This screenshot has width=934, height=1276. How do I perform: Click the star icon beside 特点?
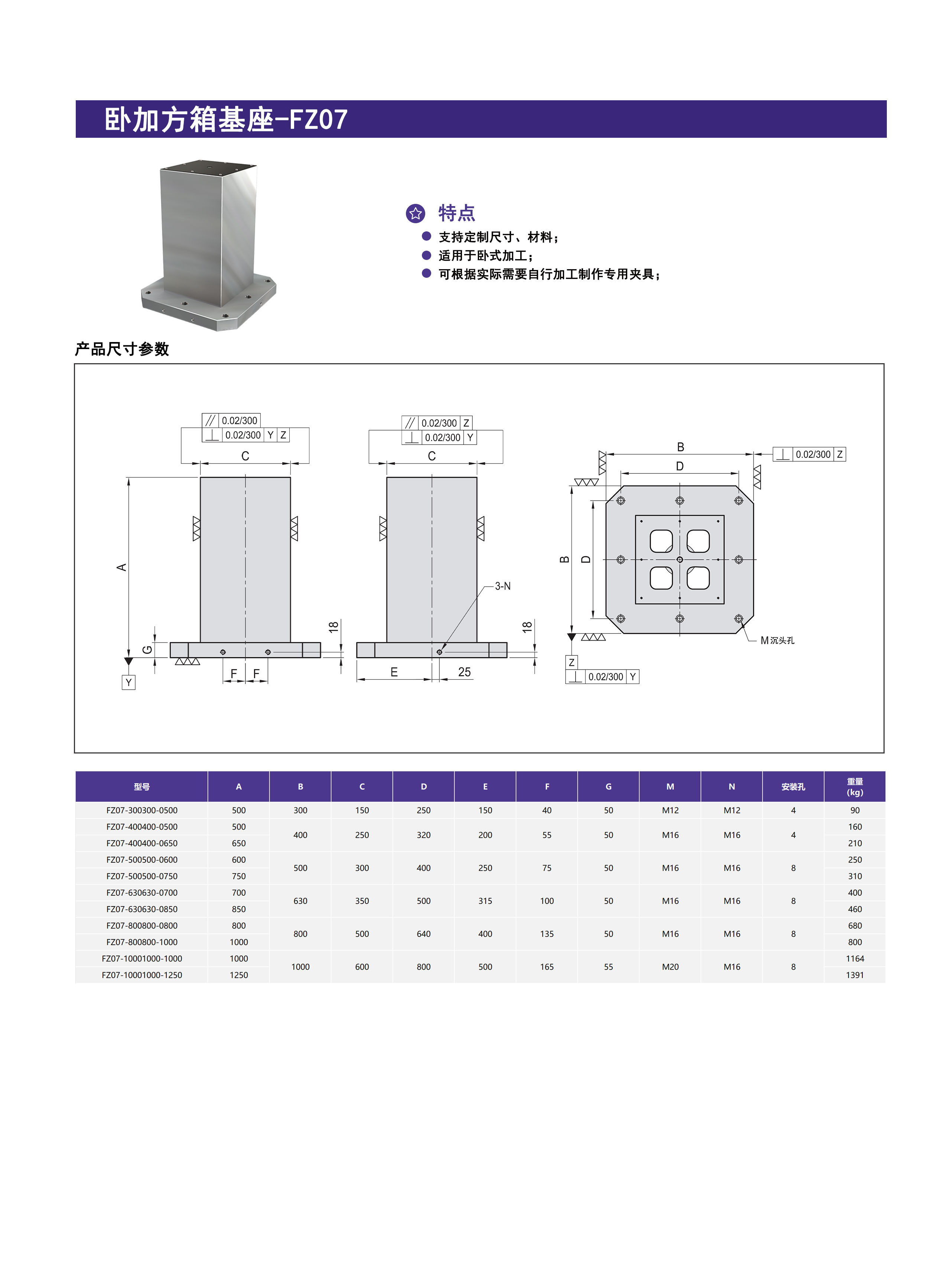pyautogui.click(x=416, y=213)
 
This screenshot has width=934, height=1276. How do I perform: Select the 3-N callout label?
pyautogui.click(x=502, y=586)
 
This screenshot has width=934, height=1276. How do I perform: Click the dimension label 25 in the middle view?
pyautogui.click(x=464, y=672)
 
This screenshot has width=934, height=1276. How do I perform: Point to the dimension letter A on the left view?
pyautogui.click(x=121, y=567)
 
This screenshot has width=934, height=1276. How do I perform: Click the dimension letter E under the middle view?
pyautogui.click(x=394, y=672)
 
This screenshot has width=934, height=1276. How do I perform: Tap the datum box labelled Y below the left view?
pyautogui.click(x=128, y=683)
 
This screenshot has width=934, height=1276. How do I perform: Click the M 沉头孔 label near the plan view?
pyautogui.click(x=777, y=641)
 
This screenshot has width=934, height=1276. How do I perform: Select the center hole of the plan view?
pyautogui.click(x=680, y=560)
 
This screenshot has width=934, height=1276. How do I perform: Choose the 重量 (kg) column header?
pyautogui.click(x=854, y=787)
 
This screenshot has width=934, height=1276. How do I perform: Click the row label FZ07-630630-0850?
pyautogui.click(x=142, y=909)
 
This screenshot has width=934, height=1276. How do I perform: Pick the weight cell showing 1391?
pyautogui.click(x=854, y=975)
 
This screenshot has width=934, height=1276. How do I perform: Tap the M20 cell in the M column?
pyautogui.click(x=670, y=967)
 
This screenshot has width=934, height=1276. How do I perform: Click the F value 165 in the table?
pyautogui.click(x=547, y=967)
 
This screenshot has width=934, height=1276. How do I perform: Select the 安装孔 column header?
pyautogui.click(x=793, y=787)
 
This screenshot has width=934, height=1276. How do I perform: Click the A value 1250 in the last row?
pyautogui.click(x=238, y=975)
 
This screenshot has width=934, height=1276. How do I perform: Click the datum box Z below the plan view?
pyautogui.click(x=572, y=663)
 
